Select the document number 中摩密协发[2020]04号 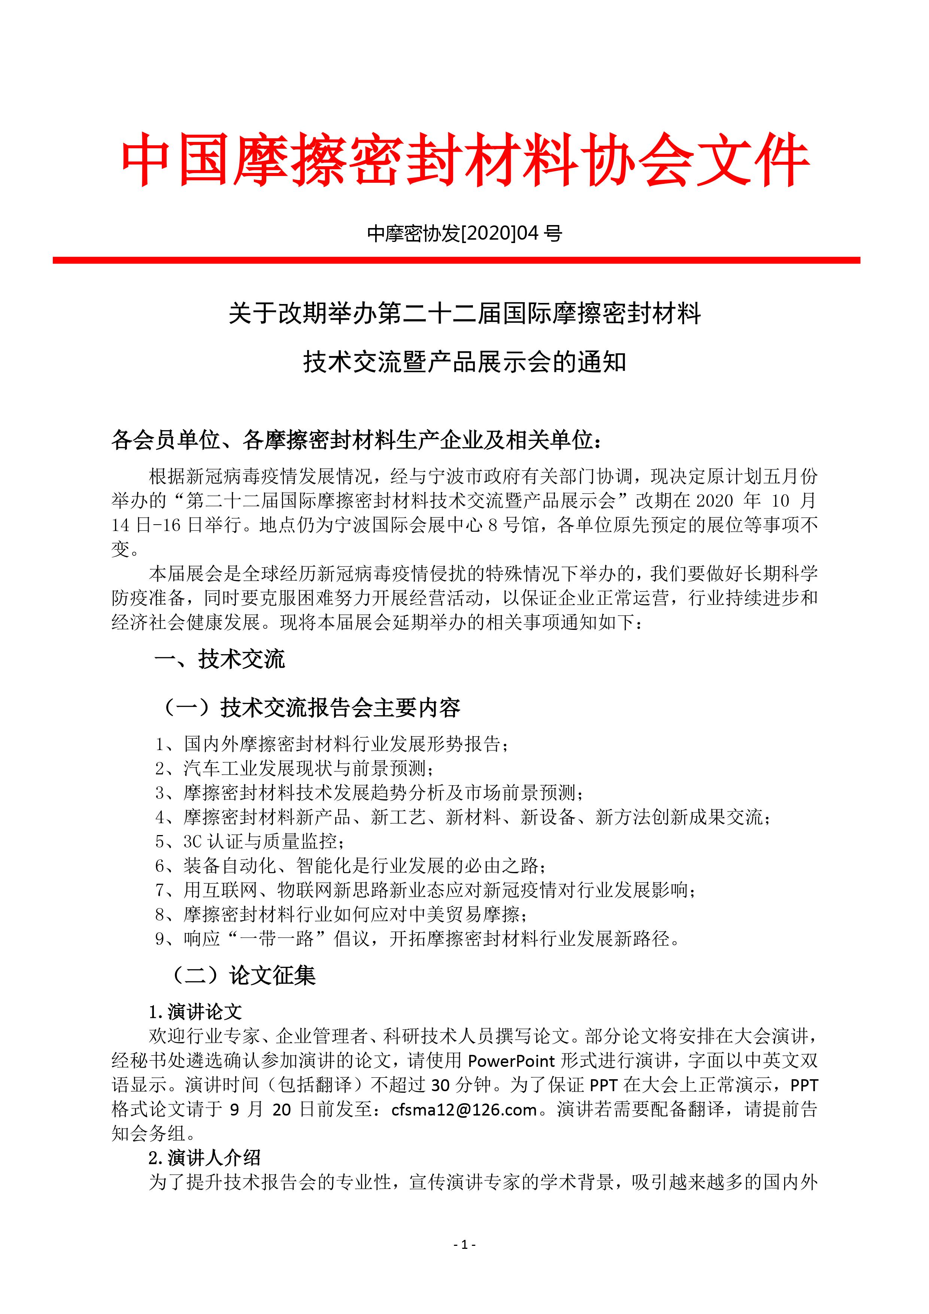point(464,234)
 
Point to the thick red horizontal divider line point(456,260)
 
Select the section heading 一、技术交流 point(220,660)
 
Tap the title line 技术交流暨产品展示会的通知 point(464,362)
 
